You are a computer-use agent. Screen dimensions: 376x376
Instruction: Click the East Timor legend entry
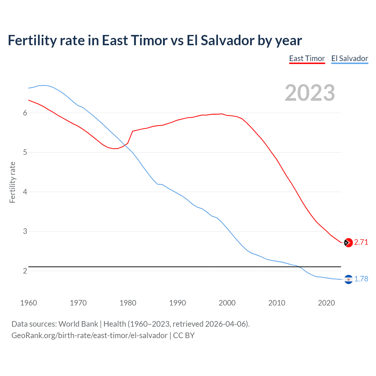click(307, 58)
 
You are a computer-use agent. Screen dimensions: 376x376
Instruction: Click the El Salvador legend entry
click(350, 58)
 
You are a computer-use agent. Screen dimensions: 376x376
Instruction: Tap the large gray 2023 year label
click(310, 93)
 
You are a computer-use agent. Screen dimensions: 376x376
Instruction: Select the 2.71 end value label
click(361, 242)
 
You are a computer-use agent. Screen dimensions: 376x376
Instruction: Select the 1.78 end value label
click(361, 279)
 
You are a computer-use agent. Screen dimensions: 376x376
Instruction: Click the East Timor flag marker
click(348, 242)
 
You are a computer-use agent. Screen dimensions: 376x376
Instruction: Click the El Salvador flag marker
click(348, 279)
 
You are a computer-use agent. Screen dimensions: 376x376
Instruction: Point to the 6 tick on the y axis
click(25, 113)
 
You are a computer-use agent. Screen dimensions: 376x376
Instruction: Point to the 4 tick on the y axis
click(25, 192)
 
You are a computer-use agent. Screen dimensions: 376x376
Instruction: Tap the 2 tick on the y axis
click(25, 271)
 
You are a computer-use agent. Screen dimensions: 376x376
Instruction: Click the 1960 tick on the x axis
click(28, 303)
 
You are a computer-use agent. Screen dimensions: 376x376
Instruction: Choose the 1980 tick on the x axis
click(128, 303)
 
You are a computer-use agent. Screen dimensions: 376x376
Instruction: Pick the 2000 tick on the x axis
click(227, 303)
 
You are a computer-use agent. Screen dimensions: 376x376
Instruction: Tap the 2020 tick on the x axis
click(326, 303)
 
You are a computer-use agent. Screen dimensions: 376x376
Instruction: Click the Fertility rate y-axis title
click(12, 182)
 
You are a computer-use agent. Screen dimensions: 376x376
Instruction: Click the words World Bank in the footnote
click(78, 324)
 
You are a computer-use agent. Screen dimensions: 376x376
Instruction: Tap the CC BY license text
click(184, 335)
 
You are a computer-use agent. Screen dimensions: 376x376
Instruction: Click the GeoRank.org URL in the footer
click(89, 335)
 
